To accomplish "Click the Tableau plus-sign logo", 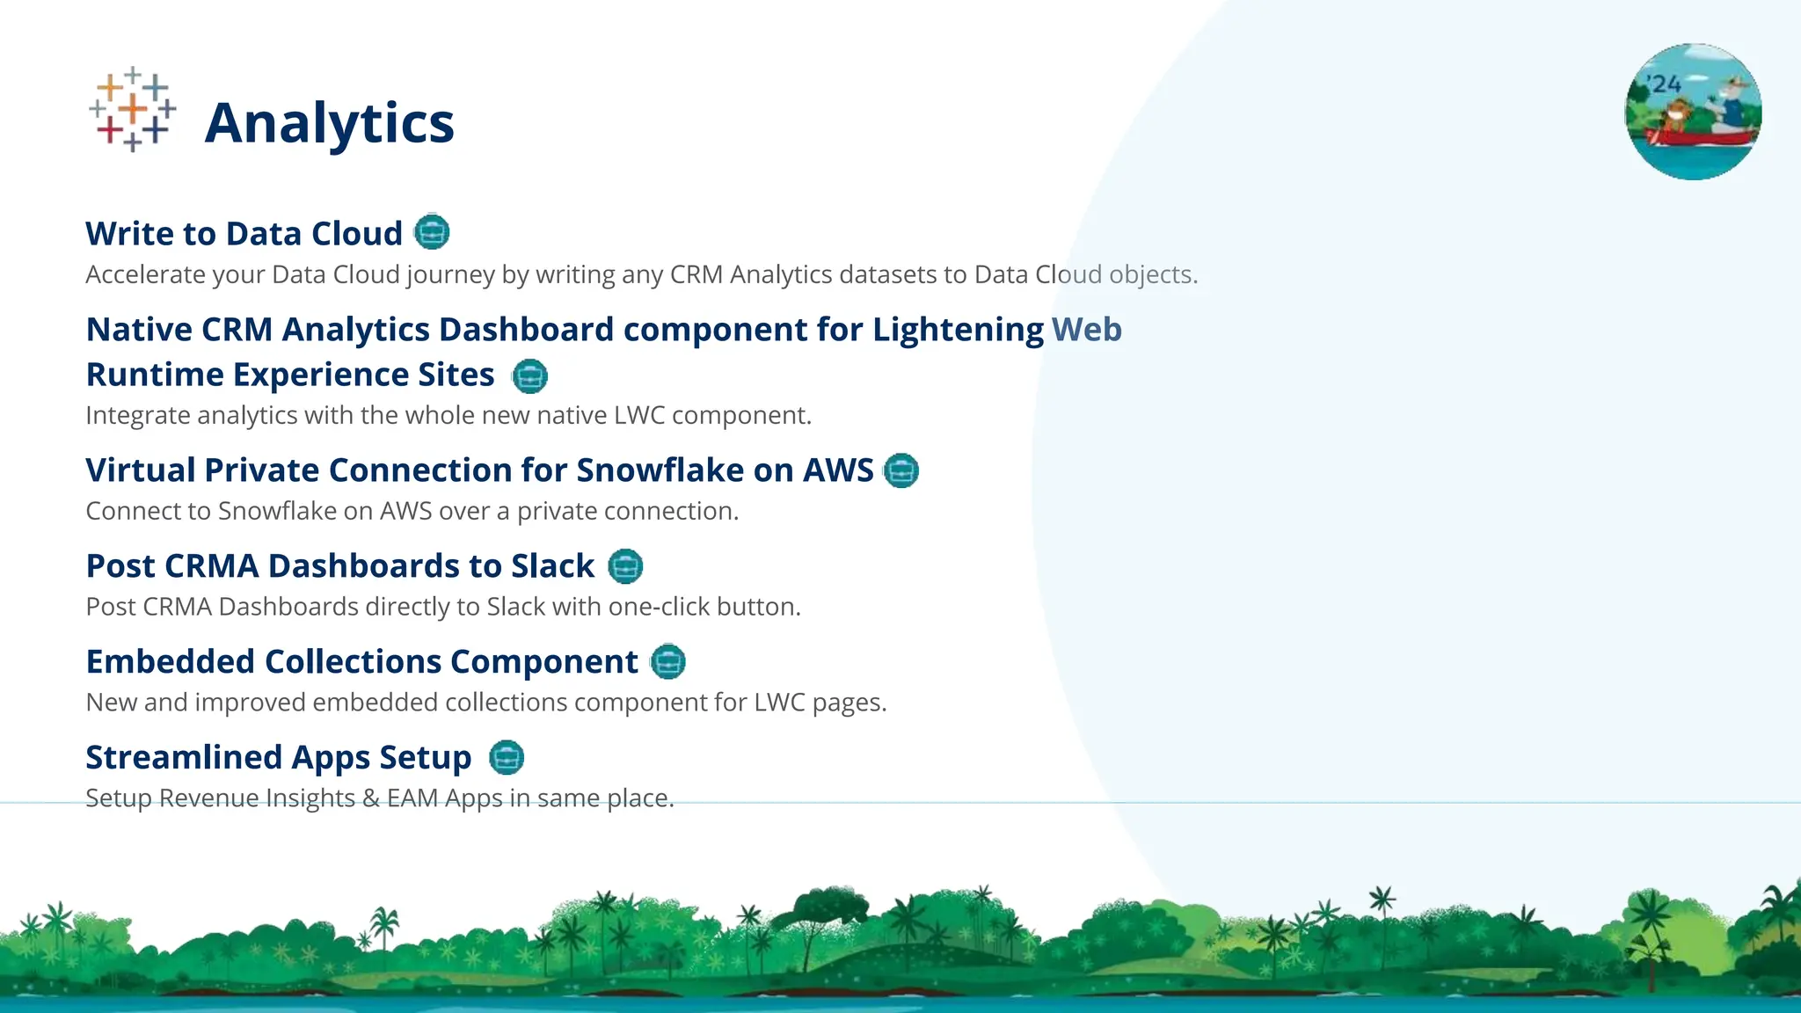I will click(x=132, y=109).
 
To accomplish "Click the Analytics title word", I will click(x=329, y=123).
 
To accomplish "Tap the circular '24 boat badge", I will click(x=1693, y=112).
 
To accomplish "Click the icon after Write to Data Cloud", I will click(x=432, y=232).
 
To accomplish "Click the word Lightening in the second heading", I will click(x=958, y=330).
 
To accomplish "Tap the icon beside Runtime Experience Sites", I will click(x=529, y=376).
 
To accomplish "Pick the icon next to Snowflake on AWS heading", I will click(x=901, y=470).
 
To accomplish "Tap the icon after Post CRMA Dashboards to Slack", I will click(x=625, y=566).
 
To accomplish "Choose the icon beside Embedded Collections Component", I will click(x=667, y=662).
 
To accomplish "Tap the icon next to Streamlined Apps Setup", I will click(x=507, y=757).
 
